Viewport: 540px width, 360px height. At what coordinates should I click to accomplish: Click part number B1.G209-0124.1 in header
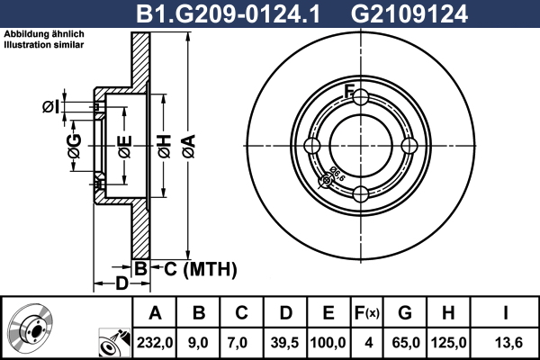coord(228,13)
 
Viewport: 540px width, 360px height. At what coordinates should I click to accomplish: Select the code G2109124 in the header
coord(409,13)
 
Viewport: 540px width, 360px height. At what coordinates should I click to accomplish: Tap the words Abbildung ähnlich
coord(44,34)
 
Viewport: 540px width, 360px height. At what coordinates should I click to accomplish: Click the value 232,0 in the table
coord(155,343)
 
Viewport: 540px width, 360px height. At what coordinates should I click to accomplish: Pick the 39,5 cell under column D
coord(285,343)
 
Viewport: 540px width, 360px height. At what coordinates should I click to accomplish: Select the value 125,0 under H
coord(449,343)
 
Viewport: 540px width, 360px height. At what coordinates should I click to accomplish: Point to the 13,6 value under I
coord(508,343)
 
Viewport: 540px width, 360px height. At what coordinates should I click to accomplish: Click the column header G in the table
coord(405,313)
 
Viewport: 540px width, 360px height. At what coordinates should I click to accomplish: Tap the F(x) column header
coord(367,313)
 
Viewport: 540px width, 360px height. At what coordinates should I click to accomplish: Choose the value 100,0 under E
coord(328,343)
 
